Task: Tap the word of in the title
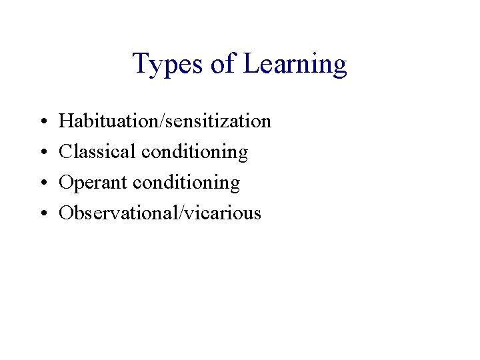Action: (x=222, y=65)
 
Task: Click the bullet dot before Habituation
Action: (x=43, y=122)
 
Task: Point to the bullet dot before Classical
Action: (x=43, y=153)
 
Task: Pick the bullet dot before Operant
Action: (x=43, y=183)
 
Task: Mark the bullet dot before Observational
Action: (x=43, y=214)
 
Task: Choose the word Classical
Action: (x=98, y=152)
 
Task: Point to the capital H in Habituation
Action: (x=66, y=121)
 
